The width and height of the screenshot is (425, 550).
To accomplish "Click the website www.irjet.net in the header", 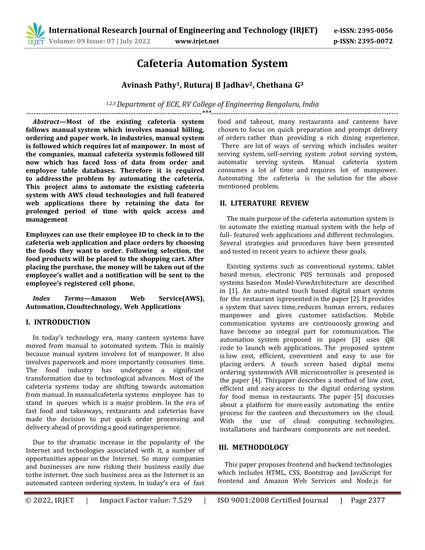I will coord(197,41).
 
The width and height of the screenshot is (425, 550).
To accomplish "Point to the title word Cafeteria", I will coord(160,64).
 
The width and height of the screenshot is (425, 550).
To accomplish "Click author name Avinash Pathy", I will coord(149,85).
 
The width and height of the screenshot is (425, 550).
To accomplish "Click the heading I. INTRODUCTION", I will coord(58,322).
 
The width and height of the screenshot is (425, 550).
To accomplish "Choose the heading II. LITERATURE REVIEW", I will coord(264,203).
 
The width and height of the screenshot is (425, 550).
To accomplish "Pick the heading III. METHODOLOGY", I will coord(254,447).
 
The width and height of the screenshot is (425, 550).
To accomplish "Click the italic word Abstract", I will coord(46,122).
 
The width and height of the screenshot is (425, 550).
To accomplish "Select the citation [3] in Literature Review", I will coord(356,340).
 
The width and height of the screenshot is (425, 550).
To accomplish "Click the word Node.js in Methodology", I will coord(367,481).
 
